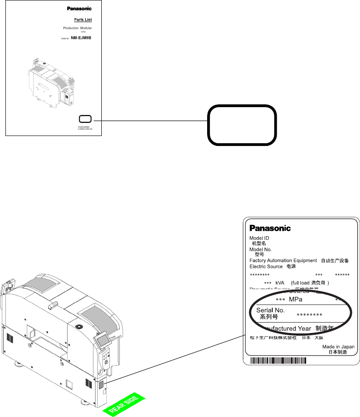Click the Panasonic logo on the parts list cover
coord(80,8)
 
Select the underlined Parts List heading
coord(83,20)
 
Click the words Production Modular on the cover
coord(77,28)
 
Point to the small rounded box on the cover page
coord(85,119)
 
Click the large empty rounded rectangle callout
coord(242,125)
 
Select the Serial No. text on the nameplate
coord(270,310)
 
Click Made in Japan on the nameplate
coord(338,347)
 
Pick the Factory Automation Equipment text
coord(283,261)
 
